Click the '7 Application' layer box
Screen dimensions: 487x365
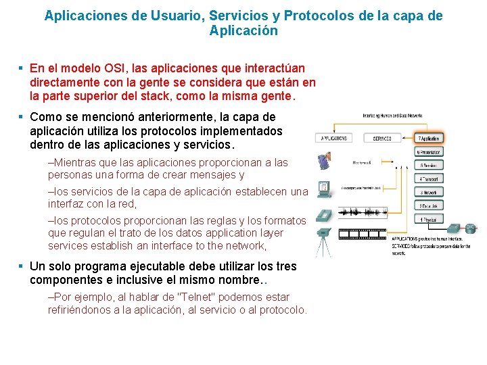coord(429,139)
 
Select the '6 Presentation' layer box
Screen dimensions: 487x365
coord(429,152)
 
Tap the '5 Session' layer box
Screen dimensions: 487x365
coord(429,166)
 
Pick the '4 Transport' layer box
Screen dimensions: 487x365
coord(429,179)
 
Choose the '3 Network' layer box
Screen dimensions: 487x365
coord(429,193)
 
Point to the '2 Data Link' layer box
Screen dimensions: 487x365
coord(429,206)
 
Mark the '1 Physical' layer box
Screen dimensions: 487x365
coord(429,220)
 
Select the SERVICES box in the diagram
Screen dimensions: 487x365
coord(382,139)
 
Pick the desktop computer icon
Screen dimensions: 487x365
coord(325,189)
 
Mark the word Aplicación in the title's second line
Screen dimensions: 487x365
coord(243,31)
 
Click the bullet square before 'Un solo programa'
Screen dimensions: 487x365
coord(22,266)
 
